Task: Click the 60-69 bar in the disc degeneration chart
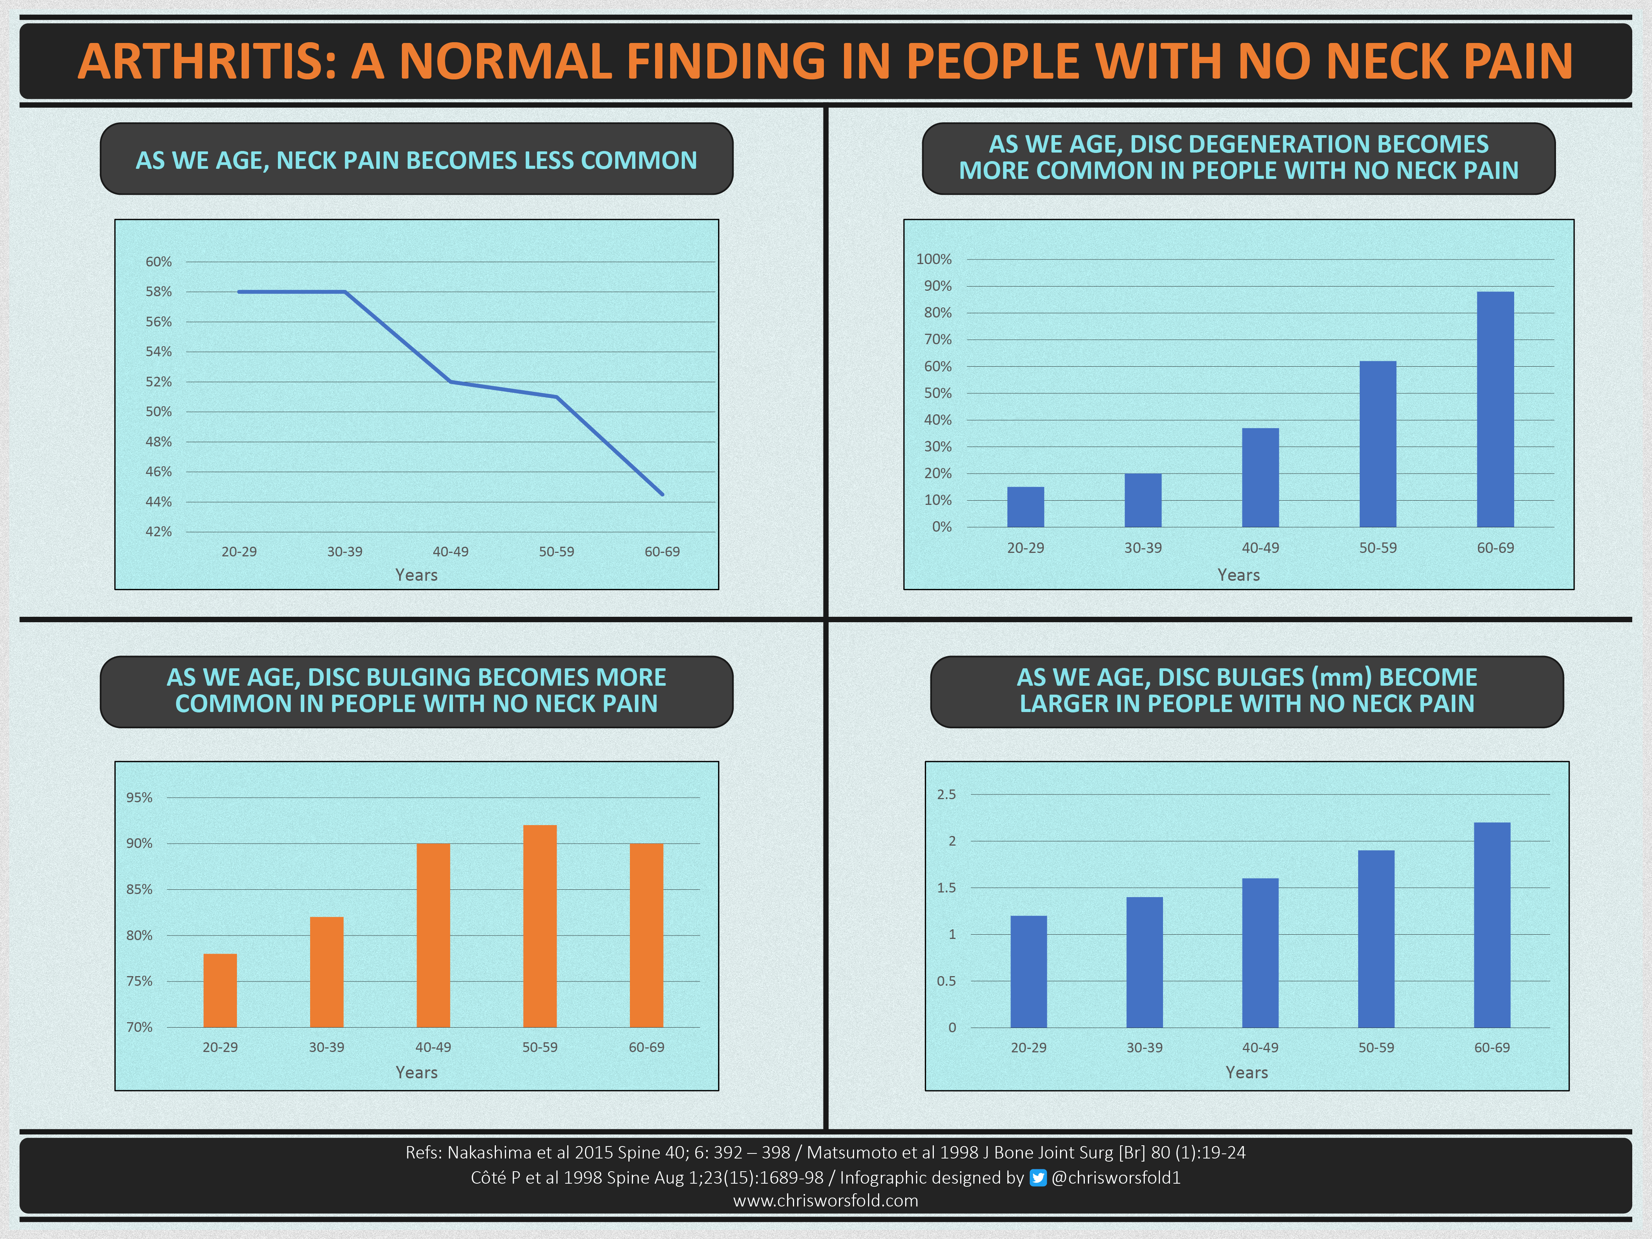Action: click(1495, 409)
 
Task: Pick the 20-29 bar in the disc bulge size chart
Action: click(1028, 971)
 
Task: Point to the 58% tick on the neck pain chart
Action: click(158, 292)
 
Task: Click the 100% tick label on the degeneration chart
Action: click(933, 259)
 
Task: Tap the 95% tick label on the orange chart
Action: click(139, 798)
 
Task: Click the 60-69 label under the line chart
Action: click(662, 552)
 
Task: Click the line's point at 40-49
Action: click(450, 382)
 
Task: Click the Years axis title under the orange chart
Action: click(416, 1073)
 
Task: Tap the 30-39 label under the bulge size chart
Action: click(1144, 1048)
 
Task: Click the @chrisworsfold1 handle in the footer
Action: click(1116, 1178)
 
